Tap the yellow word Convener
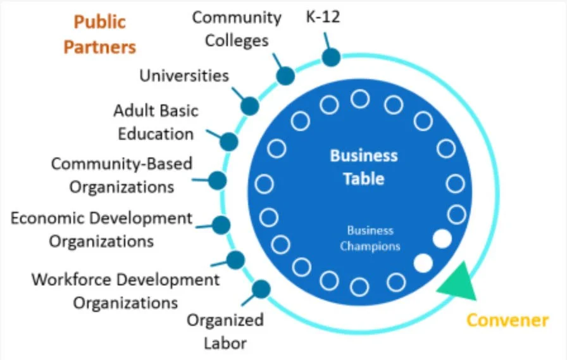[507, 320]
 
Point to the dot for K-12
[331, 58]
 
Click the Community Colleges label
[237, 28]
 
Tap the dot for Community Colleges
[285, 76]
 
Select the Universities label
[184, 76]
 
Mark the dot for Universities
[250, 106]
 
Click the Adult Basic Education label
[155, 122]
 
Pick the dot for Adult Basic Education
[228, 141]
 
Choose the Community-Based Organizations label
[121, 175]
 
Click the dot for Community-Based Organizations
[217, 181]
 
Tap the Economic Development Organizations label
[101, 230]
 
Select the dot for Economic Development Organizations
[221, 224]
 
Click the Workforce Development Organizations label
[125, 290]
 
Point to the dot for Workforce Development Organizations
[235, 259]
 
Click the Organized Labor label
[225, 332]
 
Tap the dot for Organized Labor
[261, 289]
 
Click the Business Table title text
[364, 167]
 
